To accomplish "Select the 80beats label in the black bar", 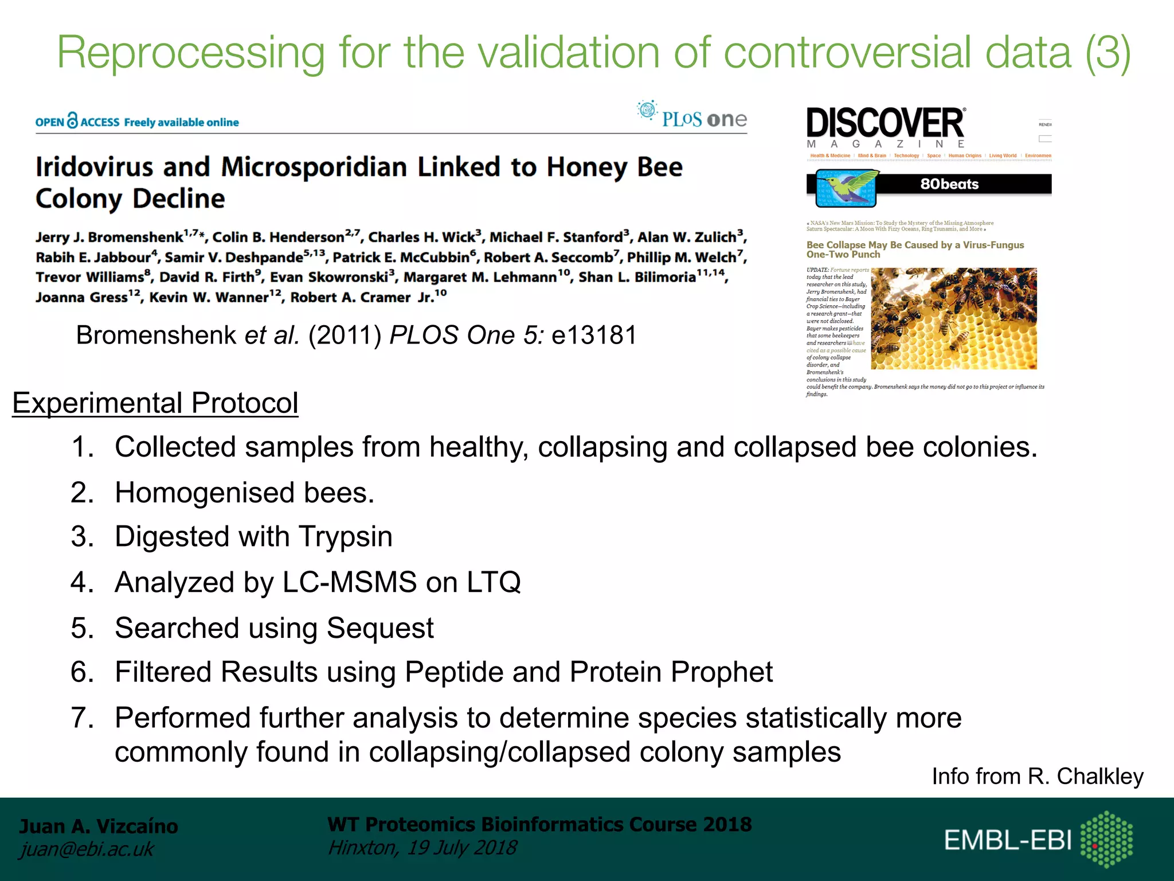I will tap(949, 184).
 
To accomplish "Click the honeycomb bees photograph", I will tap(954, 318).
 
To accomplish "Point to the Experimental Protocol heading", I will tap(155, 403).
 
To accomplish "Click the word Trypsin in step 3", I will tap(345, 537).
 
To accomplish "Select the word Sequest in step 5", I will tap(380, 627).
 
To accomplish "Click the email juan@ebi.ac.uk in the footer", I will tap(86, 849).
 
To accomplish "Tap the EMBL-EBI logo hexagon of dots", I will tap(1106, 839).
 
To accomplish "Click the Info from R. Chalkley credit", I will tap(1037, 776).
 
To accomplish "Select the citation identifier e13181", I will tap(594, 335).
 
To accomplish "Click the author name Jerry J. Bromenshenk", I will tap(109, 237).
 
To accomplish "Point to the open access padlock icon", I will tap(72, 120).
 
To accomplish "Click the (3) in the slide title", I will tap(1108, 53).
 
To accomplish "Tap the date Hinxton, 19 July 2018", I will tap(422, 848).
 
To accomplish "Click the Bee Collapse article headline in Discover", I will tap(915, 250).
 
